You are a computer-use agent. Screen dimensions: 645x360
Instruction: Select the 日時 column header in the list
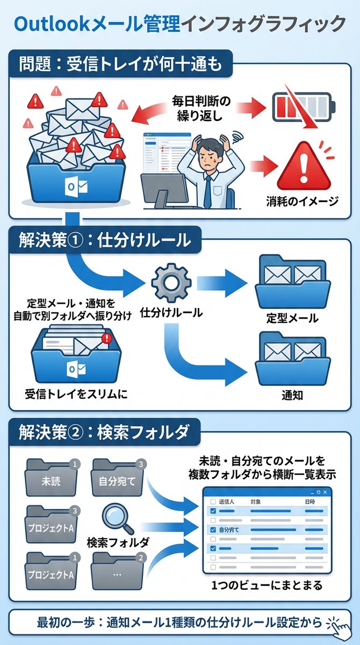(310, 501)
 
